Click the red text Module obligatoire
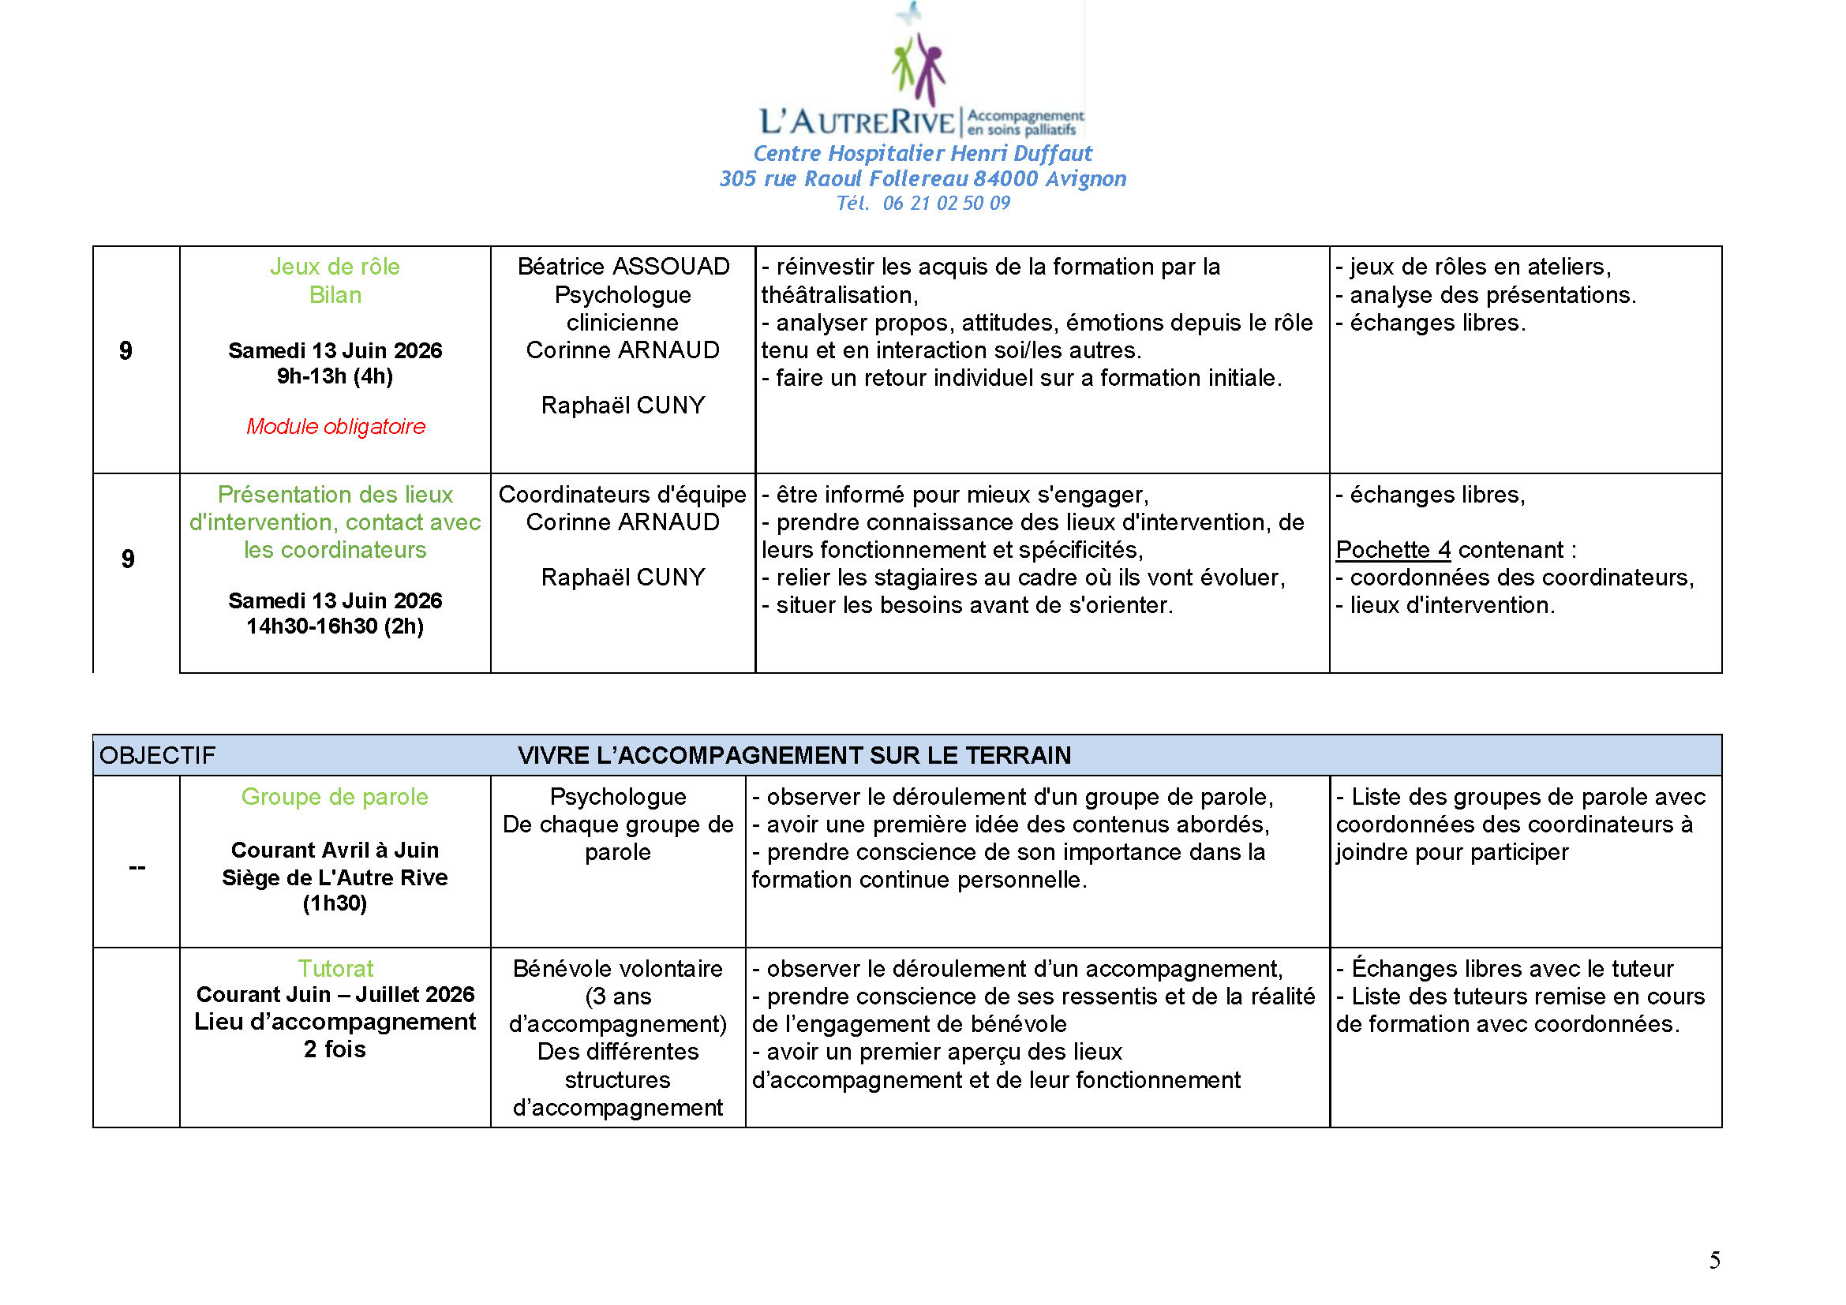point(335,426)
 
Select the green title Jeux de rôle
point(335,267)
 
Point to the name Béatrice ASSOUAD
point(623,267)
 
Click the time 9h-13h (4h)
point(335,376)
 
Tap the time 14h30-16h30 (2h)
point(335,626)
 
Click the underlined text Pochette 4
point(1392,551)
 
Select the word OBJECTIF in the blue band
point(157,755)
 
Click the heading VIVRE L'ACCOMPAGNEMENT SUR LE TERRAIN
point(793,755)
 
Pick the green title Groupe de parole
point(335,797)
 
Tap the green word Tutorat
point(335,968)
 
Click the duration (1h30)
point(335,903)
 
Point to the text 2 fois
point(335,1049)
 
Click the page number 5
point(1714,1260)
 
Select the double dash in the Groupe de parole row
point(137,868)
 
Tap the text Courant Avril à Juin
point(335,851)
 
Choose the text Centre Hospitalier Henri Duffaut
point(922,154)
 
